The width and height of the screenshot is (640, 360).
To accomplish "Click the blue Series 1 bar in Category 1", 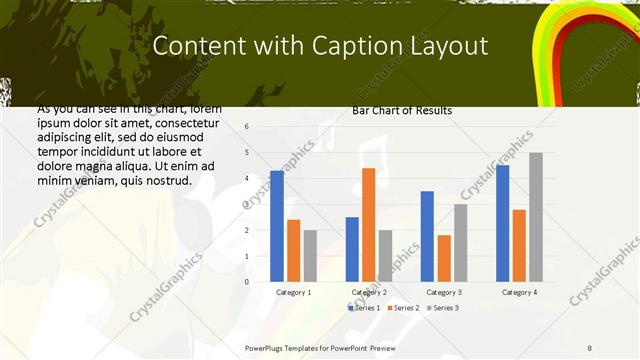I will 277,226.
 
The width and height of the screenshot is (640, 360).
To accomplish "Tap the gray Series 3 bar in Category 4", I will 536,217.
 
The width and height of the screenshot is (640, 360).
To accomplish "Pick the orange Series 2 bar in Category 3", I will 443,258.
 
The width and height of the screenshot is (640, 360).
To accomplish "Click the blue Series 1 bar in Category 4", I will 503,223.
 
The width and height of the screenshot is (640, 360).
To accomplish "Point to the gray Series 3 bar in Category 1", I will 310,256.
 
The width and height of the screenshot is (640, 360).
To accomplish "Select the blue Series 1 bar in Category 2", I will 352,249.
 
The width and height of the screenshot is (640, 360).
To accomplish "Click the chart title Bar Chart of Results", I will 402,110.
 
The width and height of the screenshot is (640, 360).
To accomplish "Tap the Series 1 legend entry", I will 363,308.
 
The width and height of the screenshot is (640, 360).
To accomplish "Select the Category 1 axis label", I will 293,292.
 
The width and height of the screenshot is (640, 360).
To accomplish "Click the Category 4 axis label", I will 518,292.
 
